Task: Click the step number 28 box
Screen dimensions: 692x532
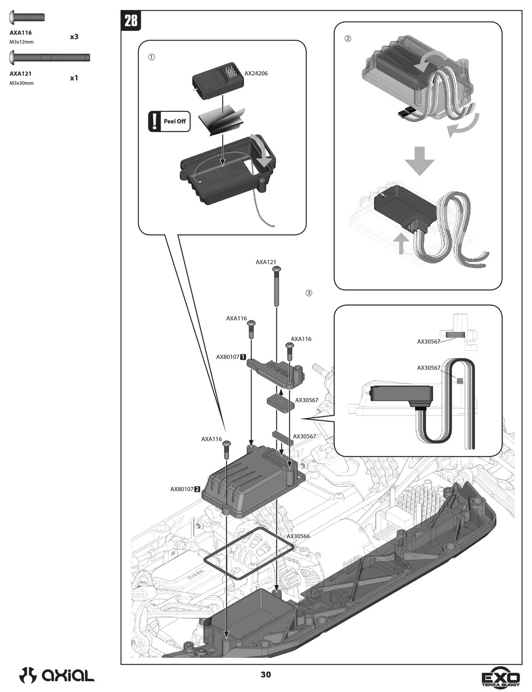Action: click(x=131, y=21)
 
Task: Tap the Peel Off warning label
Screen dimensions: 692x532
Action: click(x=169, y=121)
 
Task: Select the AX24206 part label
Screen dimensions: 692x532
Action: click(x=256, y=73)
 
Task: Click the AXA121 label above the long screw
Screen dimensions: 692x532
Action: click(x=266, y=262)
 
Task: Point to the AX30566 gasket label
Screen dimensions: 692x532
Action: click(x=298, y=536)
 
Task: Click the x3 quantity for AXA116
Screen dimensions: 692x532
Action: click(x=74, y=37)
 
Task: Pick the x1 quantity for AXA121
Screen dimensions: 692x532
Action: click(x=74, y=78)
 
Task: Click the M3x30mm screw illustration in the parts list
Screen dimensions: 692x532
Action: click(x=50, y=57)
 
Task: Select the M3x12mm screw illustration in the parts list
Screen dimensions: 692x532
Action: click(x=27, y=18)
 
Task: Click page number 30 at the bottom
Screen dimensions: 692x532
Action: click(x=265, y=675)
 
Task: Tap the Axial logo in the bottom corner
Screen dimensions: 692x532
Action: click(x=57, y=675)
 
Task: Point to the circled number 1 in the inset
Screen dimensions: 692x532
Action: click(x=151, y=57)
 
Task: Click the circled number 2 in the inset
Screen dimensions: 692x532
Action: click(x=348, y=39)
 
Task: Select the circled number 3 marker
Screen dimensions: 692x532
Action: click(x=309, y=293)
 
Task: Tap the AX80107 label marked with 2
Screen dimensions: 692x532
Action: click(x=185, y=489)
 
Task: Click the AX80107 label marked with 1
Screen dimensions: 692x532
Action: click(x=231, y=356)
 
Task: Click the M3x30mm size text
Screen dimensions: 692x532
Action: click(x=22, y=83)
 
